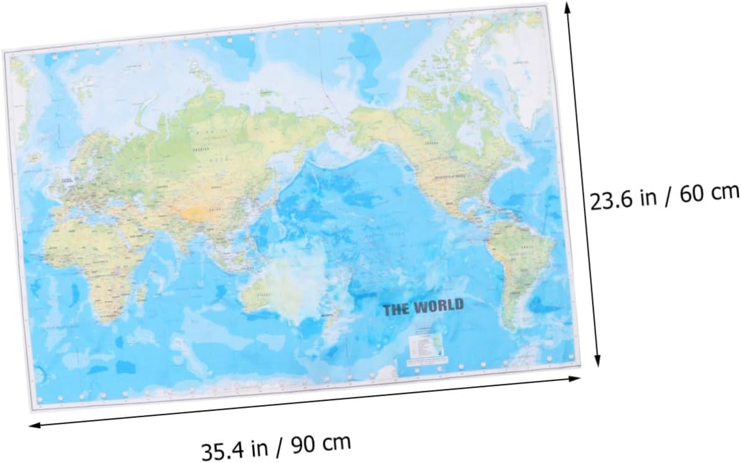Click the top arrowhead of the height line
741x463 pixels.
click(568, 7)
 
